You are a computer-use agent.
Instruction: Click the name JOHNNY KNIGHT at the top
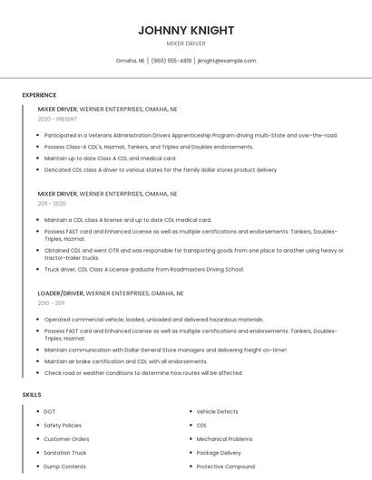click(186, 30)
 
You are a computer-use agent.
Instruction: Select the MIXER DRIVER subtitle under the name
click(186, 43)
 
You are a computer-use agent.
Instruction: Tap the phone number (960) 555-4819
click(171, 61)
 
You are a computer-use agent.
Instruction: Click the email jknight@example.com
click(227, 61)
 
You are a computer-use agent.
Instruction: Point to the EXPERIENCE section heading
click(39, 95)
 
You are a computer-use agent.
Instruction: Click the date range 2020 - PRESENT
click(57, 119)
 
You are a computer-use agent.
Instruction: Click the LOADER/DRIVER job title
click(60, 293)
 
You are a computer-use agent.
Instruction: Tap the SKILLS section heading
click(31, 395)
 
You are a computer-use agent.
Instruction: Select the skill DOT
click(49, 412)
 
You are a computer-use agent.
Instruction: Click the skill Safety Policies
click(63, 426)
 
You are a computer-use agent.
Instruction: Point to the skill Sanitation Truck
click(65, 453)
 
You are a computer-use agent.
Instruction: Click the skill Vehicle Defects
click(219, 412)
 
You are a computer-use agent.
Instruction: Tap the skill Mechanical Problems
click(224, 439)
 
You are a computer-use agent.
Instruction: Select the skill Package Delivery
click(219, 453)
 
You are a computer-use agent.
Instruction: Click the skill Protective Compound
click(227, 466)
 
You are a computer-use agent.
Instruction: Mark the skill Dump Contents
click(64, 466)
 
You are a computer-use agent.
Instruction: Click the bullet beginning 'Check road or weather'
click(143, 372)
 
